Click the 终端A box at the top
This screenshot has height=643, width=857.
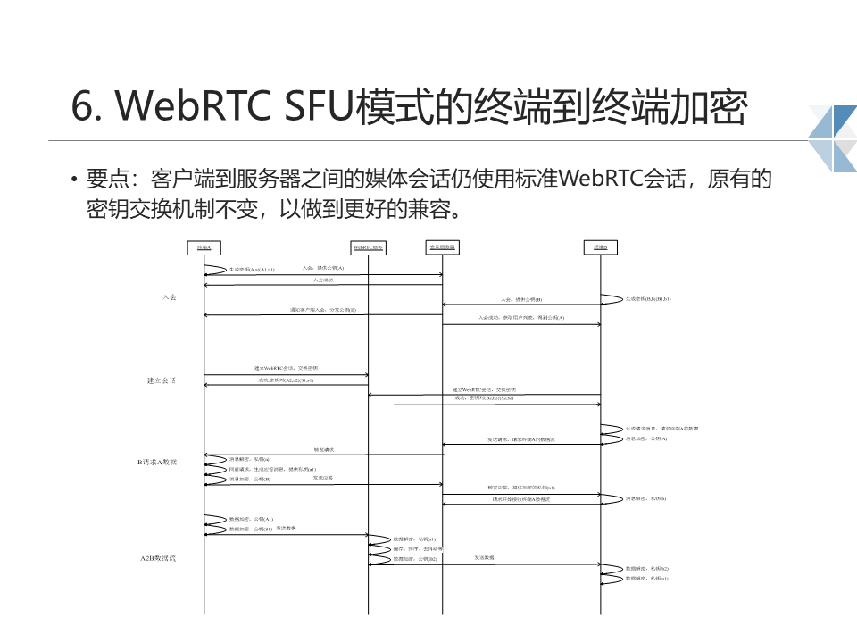pyautogui.click(x=204, y=246)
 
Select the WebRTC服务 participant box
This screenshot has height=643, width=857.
pyautogui.click(x=368, y=246)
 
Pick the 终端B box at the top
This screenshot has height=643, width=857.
pyautogui.click(x=601, y=246)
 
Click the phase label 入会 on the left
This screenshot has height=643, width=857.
pyautogui.click(x=170, y=296)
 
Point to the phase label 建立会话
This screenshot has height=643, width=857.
pyautogui.click(x=162, y=380)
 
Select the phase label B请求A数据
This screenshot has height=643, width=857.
pyautogui.click(x=157, y=462)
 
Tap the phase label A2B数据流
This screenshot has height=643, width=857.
pyautogui.click(x=158, y=558)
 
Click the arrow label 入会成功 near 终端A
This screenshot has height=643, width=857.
pyautogui.click(x=322, y=280)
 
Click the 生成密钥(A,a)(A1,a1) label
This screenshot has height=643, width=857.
pyautogui.click(x=252, y=269)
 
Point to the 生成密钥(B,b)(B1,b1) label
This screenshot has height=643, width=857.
pyautogui.click(x=648, y=298)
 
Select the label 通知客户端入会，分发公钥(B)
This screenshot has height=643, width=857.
pyautogui.click(x=323, y=309)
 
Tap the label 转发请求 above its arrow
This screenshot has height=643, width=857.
pyautogui.click(x=323, y=449)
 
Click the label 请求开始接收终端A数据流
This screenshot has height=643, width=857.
pyautogui.click(x=521, y=499)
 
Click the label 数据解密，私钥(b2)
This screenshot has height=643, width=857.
pyautogui.click(x=647, y=568)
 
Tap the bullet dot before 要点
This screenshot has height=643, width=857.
pyautogui.click(x=75, y=180)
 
